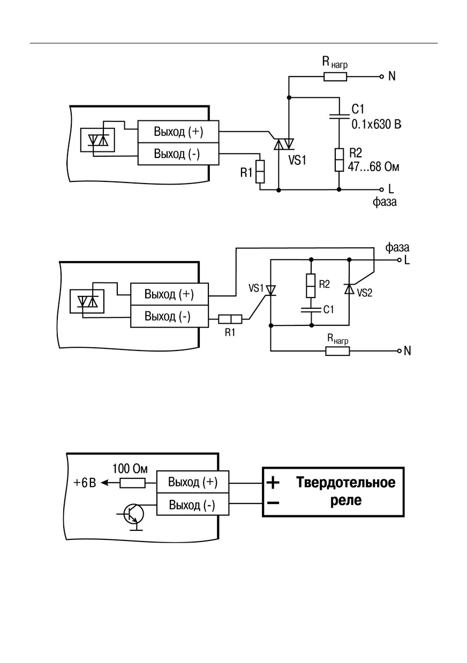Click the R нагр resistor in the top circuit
335,77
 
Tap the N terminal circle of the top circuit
382,77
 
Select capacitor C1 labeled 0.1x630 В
340,116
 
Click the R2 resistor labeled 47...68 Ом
340,160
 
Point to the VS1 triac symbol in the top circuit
283,144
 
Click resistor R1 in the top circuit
260,172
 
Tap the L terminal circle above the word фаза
382,189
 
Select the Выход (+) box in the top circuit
178,132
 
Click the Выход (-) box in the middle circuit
169,316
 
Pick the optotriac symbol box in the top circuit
98,140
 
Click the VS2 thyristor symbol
349,288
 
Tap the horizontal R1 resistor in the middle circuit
230,319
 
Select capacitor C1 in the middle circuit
311,310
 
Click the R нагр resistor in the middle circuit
337,352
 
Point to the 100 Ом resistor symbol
132,483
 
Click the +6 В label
85,483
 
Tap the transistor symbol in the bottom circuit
134,515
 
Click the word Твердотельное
346,483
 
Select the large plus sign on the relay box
273,483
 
